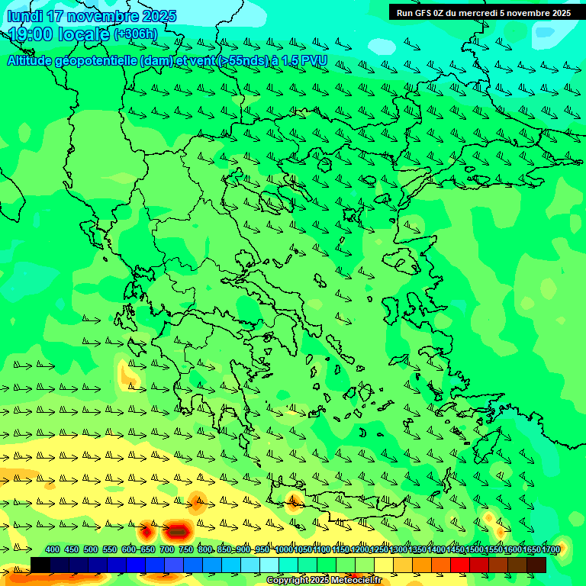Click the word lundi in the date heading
coord(24,16)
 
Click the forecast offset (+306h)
coord(136,34)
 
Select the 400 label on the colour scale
coord(53,549)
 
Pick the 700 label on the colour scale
coord(167,549)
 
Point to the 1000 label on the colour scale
coord(283,549)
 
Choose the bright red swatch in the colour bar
coord(460,565)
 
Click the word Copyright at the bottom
coord(286,581)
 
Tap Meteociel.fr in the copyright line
coord(355,581)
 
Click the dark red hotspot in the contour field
coord(177,529)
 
